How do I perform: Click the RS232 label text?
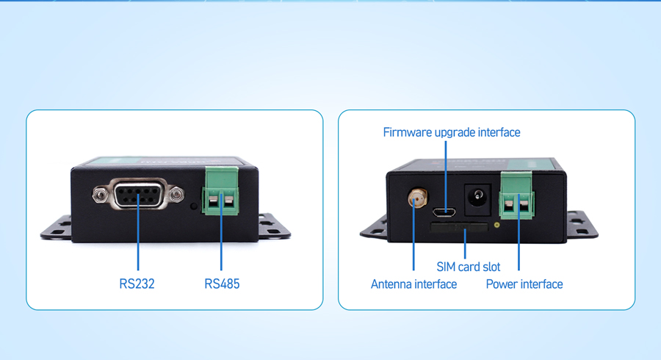click(x=137, y=284)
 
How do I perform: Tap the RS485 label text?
click(x=222, y=284)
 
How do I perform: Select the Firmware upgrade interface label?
click(x=452, y=132)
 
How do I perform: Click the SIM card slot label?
click(x=469, y=267)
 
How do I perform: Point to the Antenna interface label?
click(x=413, y=284)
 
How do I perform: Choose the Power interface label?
click(x=524, y=284)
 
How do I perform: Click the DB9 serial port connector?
click(x=138, y=194)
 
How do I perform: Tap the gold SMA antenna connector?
click(x=417, y=198)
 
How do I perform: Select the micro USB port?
click(x=444, y=211)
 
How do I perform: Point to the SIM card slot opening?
click(x=458, y=228)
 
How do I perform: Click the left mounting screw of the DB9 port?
click(x=99, y=195)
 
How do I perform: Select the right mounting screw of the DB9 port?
click(x=176, y=195)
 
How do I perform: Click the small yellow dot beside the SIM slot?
click(x=497, y=225)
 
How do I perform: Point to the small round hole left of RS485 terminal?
click(x=194, y=206)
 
